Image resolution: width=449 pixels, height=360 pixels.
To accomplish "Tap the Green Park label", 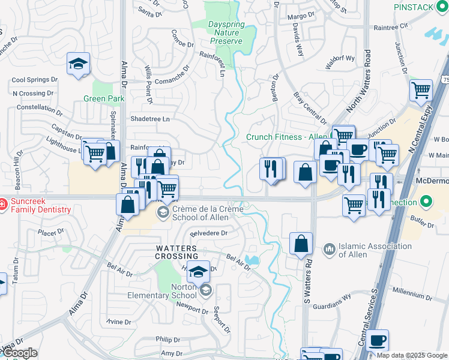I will pyautogui.click(x=103, y=99).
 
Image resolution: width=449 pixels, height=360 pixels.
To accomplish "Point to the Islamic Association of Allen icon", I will pyautogui.click(x=329, y=248).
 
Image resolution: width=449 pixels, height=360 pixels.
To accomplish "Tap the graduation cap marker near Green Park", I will pyautogui.click(x=77, y=65).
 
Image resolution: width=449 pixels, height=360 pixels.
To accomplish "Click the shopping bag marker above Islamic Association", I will pyautogui.click(x=301, y=244).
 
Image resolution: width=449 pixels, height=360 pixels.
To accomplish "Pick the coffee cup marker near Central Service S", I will pyautogui.click(x=377, y=341).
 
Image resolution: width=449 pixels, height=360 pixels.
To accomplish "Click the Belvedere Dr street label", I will pyautogui.click(x=209, y=233).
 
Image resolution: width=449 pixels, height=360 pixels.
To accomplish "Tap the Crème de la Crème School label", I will pyautogui.click(x=208, y=213).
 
